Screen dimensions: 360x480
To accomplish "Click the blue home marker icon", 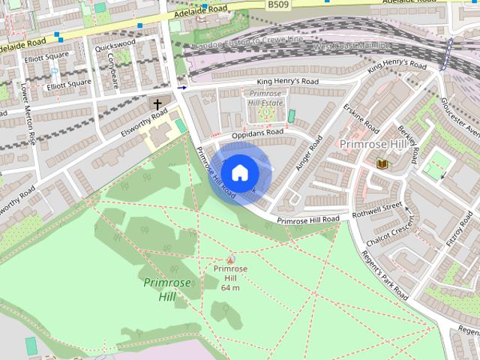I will tap(238, 173).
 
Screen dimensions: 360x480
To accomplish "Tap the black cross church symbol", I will tap(157, 103).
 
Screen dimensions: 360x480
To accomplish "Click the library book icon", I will tap(382, 163).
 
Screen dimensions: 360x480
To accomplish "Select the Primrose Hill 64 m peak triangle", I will tap(230, 259).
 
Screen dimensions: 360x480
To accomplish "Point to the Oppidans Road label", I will tap(257, 133).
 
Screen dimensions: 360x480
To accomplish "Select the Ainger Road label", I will tap(308, 153).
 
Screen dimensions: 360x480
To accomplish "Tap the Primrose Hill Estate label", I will tap(266, 98).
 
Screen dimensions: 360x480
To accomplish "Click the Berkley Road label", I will tap(408, 143).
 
